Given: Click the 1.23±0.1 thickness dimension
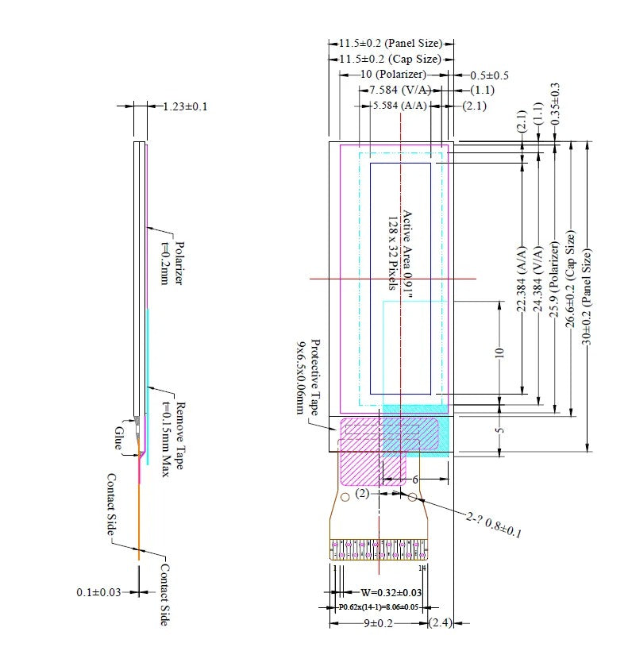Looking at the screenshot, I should [x=184, y=106].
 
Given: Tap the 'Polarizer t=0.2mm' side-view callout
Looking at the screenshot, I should [x=172, y=263].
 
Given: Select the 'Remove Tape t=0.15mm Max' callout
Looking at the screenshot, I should [x=172, y=437].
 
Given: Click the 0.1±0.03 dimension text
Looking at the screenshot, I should [x=99, y=592].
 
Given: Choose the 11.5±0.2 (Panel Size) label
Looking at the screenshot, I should [x=390, y=44].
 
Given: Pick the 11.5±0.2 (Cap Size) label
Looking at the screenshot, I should [x=390, y=59].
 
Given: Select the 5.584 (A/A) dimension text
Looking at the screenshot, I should [x=399, y=105].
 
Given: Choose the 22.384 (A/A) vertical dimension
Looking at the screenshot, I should [x=522, y=278].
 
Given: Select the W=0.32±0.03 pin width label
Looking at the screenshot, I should [x=391, y=592].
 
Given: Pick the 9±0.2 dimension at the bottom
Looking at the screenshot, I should [x=379, y=624].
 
